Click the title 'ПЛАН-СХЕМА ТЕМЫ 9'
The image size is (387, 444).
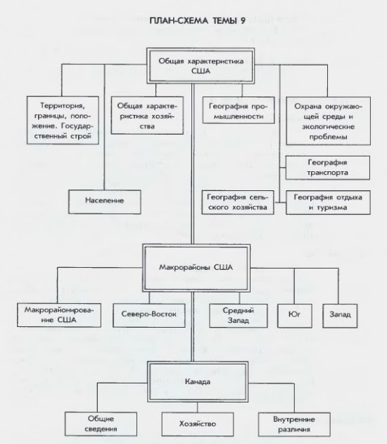(197, 20)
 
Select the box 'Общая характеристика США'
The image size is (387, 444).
(201, 66)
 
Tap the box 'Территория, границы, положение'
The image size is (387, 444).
(63, 121)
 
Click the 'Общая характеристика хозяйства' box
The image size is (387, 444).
(147, 116)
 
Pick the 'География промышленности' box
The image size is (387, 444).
(239, 111)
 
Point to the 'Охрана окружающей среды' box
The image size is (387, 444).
(328, 121)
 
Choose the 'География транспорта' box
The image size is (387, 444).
(328, 168)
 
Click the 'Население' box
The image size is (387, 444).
(105, 202)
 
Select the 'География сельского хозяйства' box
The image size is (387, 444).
(238, 202)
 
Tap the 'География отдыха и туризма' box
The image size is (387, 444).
(328, 202)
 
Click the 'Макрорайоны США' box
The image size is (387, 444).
(196, 268)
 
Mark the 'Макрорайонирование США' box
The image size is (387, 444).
(59, 315)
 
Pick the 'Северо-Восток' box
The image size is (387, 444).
(149, 316)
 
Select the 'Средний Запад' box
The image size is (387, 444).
(239, 316)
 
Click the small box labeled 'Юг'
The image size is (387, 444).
(295, 316)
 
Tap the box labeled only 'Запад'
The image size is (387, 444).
(340, 316)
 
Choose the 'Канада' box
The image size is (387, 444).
(198, 382)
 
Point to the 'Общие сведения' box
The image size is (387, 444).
(101, 424)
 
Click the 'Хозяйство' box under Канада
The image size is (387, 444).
(198, 424)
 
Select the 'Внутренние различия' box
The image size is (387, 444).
(294, 424)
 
